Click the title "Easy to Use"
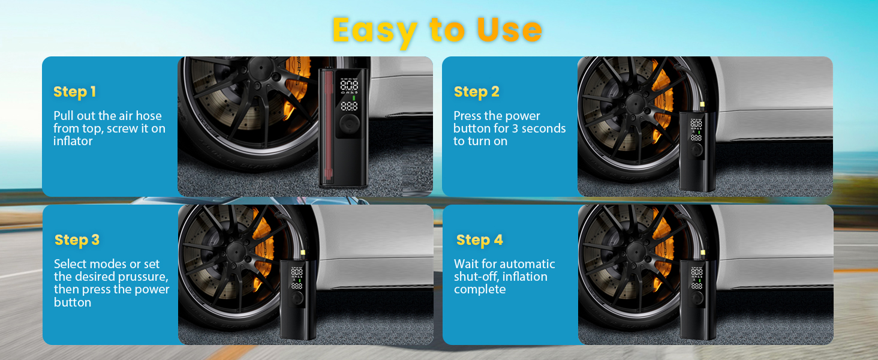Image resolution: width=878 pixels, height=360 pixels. [437, 30]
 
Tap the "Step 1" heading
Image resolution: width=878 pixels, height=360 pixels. [74, 92]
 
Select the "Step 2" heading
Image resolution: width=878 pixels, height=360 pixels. [476, 92]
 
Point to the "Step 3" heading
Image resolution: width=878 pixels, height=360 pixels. [77, 240]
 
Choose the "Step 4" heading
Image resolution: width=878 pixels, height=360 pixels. [479, 240]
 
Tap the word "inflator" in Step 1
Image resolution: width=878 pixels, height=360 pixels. [73, 142]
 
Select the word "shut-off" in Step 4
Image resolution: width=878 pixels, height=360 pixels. [476, 277]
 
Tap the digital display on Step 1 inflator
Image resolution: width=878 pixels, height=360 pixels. [349, 94]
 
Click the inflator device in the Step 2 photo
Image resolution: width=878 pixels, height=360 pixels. [696, 150]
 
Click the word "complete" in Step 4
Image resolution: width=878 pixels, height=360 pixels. [480, 290]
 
